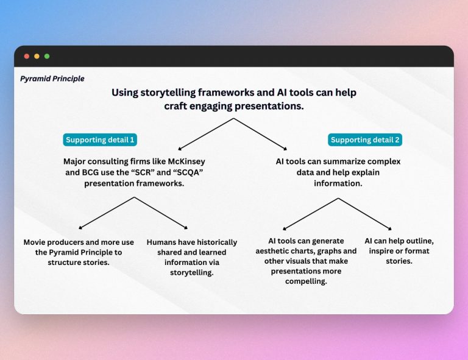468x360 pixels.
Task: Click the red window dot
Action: pyautogui.click(x=26, y=56)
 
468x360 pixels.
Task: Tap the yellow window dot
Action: pyautogui.click(x=37, y=56)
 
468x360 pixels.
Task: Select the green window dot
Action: pyautogui.click(x=47, y=56)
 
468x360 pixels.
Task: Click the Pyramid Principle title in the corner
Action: pyautogui.click(x=52, y=79)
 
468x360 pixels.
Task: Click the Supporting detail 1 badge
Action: pyautogui.click(x=100, y=140)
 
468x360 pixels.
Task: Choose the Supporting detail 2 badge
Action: pyautogui.click(x=364, y=140)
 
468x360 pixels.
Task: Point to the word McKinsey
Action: pyautogui.click(x=183, y=161)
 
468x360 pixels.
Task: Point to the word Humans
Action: pyautogui.click(x=161, y=242)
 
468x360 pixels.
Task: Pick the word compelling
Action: pyautogui.click(x=306, y=281)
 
